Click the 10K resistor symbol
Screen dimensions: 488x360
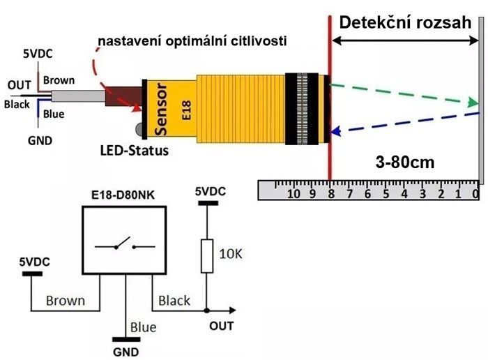[207, 256]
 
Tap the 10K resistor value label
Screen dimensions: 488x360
[231, 254]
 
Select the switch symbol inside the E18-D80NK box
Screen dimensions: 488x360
[125, 244]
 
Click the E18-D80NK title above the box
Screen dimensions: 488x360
[123, 195]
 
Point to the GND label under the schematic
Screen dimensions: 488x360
[126, 352]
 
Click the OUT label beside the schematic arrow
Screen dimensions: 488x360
[221, 326]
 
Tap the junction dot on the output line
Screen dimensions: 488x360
[206, 310]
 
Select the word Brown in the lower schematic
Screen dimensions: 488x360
[66, 301]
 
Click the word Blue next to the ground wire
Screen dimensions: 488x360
[143, 327]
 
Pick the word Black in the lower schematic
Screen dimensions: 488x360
[174, 301]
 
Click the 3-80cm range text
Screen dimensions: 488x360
[405, 163]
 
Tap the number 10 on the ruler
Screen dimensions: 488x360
[293, 194]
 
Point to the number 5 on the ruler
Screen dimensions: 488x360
[386, 194]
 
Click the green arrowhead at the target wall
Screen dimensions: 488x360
[473, 103]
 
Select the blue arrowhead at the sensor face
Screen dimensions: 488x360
[335, 132]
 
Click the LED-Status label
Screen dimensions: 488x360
[135, 151]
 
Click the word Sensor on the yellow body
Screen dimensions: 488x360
[161, 110]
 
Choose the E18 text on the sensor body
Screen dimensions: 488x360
[186, 110]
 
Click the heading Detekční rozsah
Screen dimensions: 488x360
[405, 22]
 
